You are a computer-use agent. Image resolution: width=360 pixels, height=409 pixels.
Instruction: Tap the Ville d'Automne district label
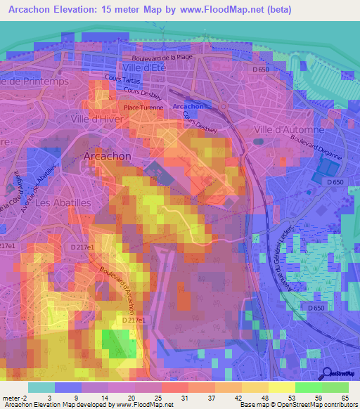[x=289, y=130]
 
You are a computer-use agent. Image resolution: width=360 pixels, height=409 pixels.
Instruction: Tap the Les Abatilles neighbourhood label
[x=62, y=202]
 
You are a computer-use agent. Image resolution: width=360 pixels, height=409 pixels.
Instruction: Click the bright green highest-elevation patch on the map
[x=115, y=343]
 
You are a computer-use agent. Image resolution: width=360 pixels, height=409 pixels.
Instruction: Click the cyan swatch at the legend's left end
[x=41, y=387]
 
